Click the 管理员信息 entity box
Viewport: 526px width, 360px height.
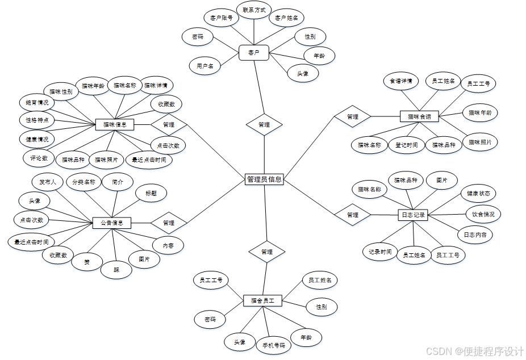264,179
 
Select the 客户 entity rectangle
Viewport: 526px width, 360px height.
253,53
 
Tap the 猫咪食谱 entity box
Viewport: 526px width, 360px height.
419,117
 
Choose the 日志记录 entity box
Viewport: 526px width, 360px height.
413,215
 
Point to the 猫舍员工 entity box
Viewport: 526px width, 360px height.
262,300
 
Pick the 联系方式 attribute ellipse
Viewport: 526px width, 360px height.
254,10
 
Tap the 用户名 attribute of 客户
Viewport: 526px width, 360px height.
205,66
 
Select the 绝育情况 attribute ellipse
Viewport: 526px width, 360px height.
37,103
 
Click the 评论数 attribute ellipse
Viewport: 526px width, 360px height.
39,158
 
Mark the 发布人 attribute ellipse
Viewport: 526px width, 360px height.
47,182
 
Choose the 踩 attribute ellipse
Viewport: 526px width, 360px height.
116,270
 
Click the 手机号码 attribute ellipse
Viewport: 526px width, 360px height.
273,345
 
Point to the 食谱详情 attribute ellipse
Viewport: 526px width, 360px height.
400,81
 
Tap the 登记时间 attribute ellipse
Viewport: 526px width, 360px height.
407,145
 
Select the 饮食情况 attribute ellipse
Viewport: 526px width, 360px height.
483,215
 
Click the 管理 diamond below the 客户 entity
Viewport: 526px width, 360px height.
264,124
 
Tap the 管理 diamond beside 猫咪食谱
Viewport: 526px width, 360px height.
352,117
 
